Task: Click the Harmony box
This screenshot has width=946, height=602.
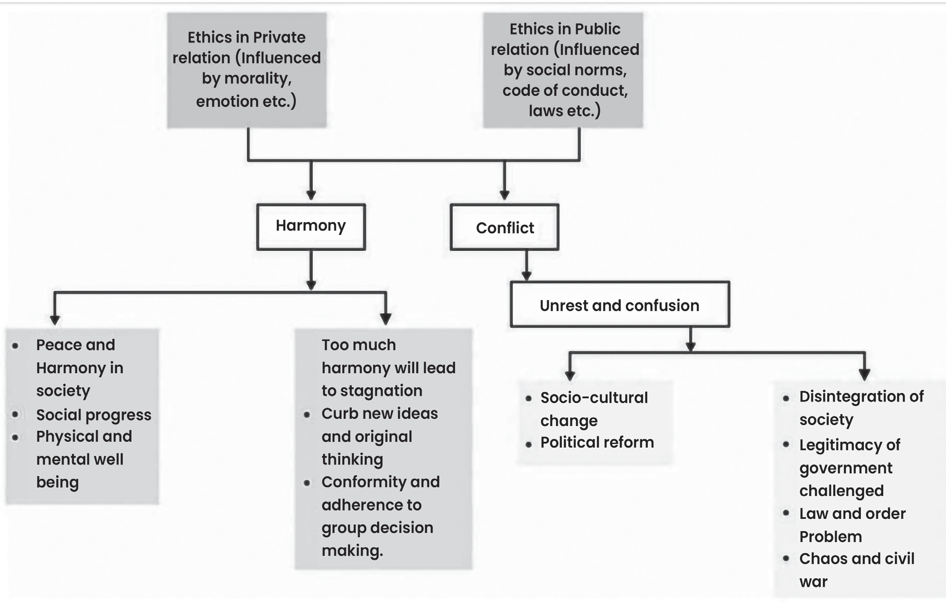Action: [311, 227]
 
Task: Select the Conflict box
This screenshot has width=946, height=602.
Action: [505, 227]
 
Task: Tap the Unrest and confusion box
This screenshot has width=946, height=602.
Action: [620, 305]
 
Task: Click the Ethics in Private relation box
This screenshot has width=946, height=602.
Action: [247, 70]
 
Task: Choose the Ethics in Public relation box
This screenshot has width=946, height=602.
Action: [563, 70]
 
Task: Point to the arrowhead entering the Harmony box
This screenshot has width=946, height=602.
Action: [311, 195]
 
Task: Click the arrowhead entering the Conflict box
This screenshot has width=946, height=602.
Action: [505, 195]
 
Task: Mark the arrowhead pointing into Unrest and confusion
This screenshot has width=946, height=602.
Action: [526, 276]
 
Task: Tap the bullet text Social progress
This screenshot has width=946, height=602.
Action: [94, 415]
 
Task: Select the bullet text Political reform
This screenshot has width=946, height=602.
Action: [597, 442]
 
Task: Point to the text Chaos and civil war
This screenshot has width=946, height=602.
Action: [856, 570]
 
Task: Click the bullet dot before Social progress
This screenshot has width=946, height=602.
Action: [15, 415]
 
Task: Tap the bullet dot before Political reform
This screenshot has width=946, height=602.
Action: [529, 445]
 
